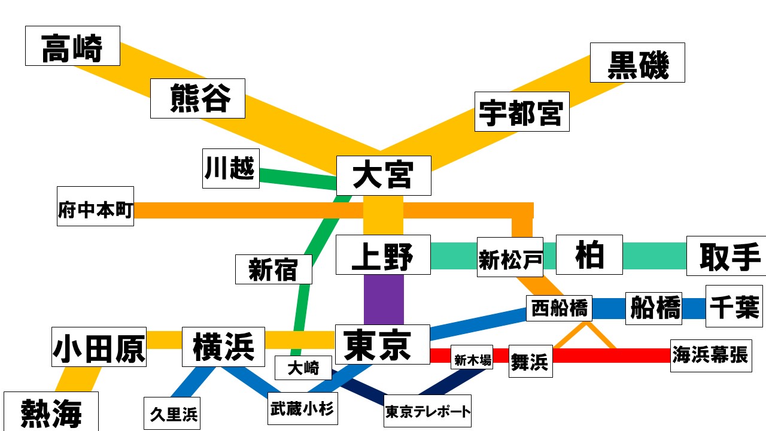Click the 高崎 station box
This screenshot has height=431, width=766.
(72, 46)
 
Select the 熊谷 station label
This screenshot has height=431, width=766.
(197, 98)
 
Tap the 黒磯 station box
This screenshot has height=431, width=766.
(637, 62)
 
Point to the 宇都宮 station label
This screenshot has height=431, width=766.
(522, 111)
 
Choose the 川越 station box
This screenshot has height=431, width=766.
(230, 168)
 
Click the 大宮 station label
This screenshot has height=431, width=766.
(384, 175)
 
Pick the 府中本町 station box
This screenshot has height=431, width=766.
(96, 206)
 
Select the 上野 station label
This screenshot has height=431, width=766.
(383, 255)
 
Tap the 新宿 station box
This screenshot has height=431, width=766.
(273, 269)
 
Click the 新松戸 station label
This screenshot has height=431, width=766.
(510, 257)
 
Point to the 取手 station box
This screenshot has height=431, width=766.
(726, 256)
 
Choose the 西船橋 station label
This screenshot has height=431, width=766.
(559, 309)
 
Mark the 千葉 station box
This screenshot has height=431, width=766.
(734, 306)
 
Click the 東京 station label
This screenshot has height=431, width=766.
(382, 344)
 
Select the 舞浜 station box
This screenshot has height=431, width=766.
(530, 361)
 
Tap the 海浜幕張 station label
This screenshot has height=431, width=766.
(710, 355)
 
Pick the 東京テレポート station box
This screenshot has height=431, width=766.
(427, 411)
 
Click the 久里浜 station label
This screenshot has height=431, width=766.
(172, 413)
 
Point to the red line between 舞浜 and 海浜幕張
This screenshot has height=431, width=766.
(610, 356)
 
